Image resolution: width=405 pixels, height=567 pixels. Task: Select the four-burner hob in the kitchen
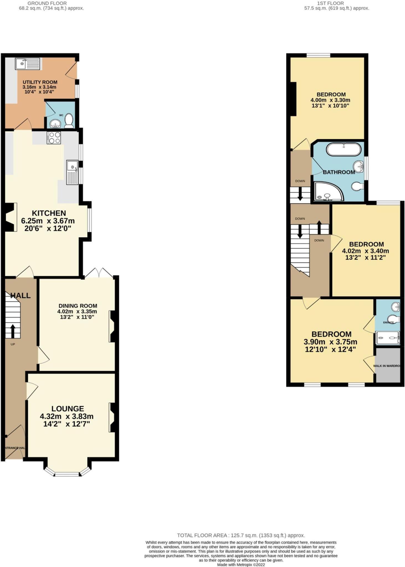pyautogui.click(x=54, y=138)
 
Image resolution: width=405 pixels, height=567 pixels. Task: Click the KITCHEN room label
pyautogui.click(x=49, y=213)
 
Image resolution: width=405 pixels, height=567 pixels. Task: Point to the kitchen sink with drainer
pyautogui.click(x=72, y=173)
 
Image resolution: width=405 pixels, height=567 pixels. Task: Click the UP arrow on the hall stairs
pyautogui.click(x=13, y=331)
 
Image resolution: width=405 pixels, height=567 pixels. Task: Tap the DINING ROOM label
pyautogui.click(x=78, y=306)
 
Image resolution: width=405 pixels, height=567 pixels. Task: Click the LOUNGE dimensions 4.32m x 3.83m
pyautogui.click(x=66, y=416)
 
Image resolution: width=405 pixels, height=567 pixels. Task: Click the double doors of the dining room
pyautogui.click(x=99, y=273)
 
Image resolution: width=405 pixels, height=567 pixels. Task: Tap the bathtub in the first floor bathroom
pyautogui.click(x=344, y=150)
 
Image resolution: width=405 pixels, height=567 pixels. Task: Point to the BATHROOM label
pyautogui.click(x=339, y=172)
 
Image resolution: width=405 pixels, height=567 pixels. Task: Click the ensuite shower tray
pyautogui.click(x=388, y=338)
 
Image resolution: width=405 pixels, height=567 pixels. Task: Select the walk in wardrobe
pyautogui.click(x=388, y=365)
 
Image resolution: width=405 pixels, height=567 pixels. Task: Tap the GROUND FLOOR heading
pyautogui.click(x=47, y=3)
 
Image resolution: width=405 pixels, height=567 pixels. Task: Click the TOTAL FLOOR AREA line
pyautogui.click(x=241, y=535)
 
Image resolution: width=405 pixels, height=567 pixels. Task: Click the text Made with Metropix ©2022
pyautogui.click(x=241, y=565)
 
